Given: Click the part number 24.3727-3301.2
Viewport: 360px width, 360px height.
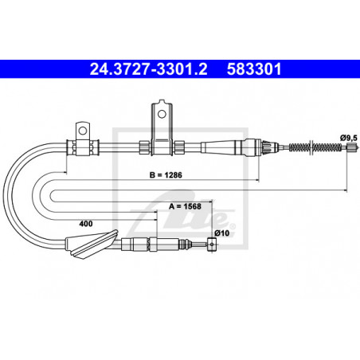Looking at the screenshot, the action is [148, 69].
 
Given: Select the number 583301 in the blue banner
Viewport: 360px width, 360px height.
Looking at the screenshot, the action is [254, 69].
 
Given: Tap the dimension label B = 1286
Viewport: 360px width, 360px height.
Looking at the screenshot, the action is [166, 175].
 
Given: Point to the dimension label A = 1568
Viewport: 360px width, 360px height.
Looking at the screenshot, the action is [185, 206].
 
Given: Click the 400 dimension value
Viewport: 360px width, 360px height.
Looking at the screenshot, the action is [86, 224].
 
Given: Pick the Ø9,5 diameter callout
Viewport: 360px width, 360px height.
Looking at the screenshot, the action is [349, 138].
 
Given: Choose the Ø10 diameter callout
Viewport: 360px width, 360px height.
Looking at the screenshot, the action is [222, 233].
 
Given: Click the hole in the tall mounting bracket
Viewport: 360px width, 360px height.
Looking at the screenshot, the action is [162, 114].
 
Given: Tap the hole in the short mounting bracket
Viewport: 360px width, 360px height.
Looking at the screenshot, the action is [83, 131].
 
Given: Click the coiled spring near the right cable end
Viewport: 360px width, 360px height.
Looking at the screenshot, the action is [315, 147].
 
